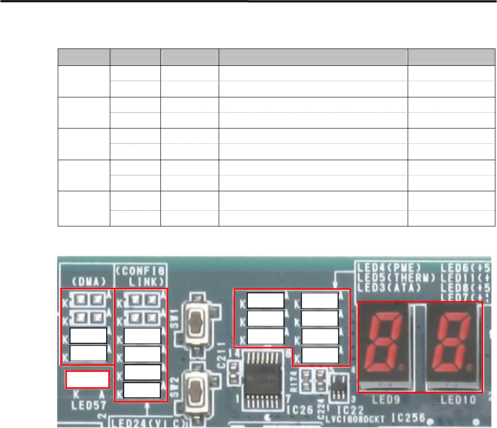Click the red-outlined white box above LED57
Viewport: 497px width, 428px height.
pyautogui.click(x=87, y=379)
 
